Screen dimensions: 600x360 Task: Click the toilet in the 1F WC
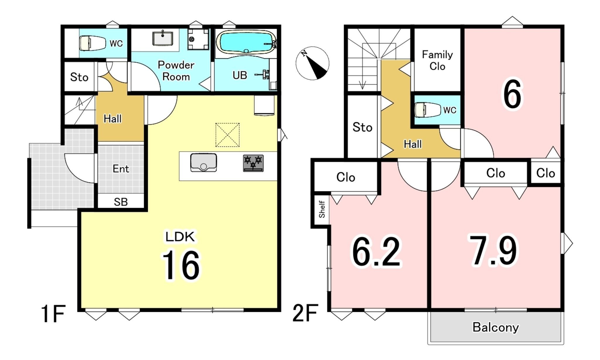point(93,43)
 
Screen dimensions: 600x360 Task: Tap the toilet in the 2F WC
point(428,110)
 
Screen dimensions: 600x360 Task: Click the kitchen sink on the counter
point(204,162)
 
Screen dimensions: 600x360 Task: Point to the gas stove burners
point(253,163)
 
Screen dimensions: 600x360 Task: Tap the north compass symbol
point(312,63)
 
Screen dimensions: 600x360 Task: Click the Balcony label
point(495,327)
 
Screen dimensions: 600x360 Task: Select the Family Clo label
point(437,60)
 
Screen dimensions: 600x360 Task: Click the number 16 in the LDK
point(181,265)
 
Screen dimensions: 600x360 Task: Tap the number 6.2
point(376,252)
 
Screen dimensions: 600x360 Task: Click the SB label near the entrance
point(121,202)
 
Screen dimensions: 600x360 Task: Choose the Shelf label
point(322,209)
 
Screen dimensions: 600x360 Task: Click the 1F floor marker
point(53,314)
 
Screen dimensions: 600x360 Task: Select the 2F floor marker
point(305,313)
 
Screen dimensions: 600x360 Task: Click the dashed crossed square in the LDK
point(227,135)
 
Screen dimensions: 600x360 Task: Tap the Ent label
point(121,169)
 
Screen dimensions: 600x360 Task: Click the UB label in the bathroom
point(240,75)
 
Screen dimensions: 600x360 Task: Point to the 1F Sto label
point(79,77)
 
